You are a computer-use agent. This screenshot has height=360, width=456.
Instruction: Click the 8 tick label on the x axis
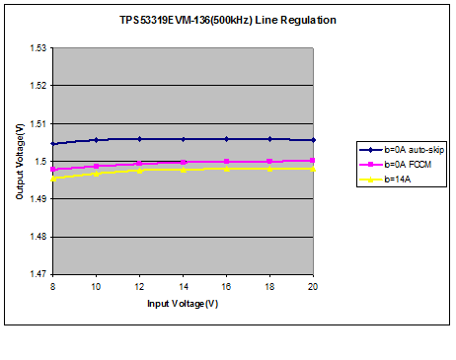[52, 286]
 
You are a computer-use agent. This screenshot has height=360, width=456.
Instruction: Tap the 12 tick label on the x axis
[139, 286]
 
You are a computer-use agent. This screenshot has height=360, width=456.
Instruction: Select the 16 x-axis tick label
[227, 286]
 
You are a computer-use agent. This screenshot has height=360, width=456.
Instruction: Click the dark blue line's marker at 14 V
[184, 139]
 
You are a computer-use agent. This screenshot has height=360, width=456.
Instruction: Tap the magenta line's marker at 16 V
[227, 162]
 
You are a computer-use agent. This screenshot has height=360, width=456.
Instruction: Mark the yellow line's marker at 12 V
[139, 171]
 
